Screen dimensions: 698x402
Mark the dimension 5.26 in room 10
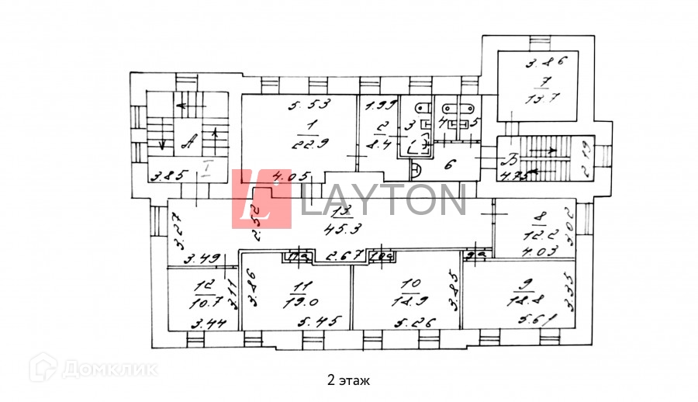click(410, 321)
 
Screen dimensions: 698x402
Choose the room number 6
click(447, 163)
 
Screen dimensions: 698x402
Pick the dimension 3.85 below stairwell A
click(168, 175)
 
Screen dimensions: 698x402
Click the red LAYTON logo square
click(261, 199)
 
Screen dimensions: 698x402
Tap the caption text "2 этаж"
click(348, 380)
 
